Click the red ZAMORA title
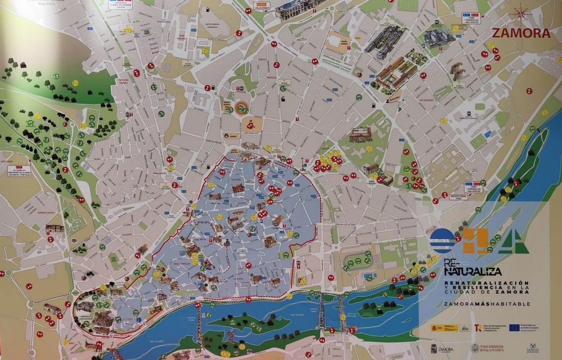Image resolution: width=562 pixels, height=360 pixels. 521,33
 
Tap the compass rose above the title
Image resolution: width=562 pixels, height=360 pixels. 521,14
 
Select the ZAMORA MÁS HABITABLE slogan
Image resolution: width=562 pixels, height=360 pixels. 487,303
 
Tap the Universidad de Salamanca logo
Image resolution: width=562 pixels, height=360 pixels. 488,348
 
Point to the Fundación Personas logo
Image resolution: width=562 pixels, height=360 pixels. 532,348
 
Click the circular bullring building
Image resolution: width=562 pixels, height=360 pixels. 242,106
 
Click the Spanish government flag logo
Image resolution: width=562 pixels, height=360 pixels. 437,327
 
